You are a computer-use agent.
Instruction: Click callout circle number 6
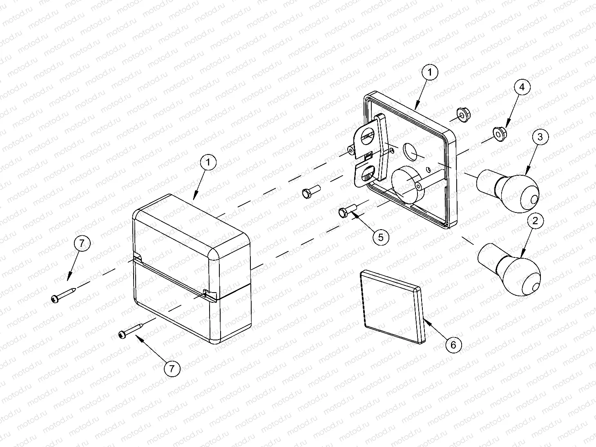[453, 345]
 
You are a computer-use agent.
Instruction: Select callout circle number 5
[381, 237]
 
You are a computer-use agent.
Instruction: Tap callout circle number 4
[522, 87]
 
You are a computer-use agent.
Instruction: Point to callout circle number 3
[540, 137]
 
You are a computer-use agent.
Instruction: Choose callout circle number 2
[535, 221]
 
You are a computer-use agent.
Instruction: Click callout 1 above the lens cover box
[208, 162]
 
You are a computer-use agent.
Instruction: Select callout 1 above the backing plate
[430, 72]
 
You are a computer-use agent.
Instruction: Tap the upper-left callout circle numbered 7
[82, 244]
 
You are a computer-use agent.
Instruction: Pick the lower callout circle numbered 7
[172, 369]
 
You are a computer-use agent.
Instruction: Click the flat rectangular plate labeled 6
[392, 307]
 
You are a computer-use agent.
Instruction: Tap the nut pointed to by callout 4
[499, 134]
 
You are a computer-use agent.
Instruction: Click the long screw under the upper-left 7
[64, 295]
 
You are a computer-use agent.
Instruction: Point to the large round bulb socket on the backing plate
[407, 185]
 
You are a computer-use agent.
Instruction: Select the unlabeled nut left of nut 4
[464, 114]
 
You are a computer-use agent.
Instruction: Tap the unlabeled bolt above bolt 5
[311, 192]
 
